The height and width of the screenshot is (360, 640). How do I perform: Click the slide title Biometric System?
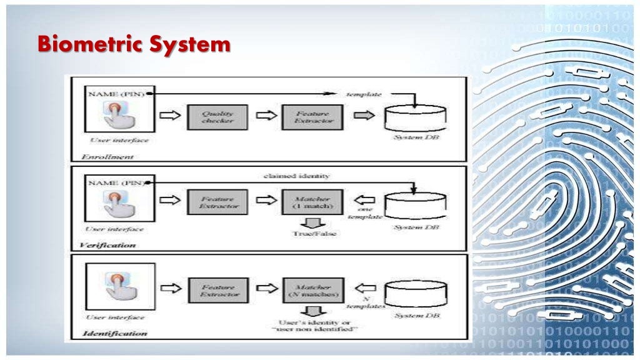133,45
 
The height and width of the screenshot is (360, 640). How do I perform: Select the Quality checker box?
217,117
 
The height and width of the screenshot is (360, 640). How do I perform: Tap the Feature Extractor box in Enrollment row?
312,117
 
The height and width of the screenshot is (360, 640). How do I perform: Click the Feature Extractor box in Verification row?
217,202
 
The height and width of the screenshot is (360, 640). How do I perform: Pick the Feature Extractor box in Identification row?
218,290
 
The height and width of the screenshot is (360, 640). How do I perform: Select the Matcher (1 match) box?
312,202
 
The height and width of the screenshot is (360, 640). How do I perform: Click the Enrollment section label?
107,156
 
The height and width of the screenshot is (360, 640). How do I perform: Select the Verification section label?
107,245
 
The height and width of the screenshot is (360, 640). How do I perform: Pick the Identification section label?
115,333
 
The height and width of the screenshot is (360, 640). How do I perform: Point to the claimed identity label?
297,176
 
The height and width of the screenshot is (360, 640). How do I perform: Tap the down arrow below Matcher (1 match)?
312,222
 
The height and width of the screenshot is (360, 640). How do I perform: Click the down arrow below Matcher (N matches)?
312,310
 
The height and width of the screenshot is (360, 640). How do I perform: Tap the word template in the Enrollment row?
364,94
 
